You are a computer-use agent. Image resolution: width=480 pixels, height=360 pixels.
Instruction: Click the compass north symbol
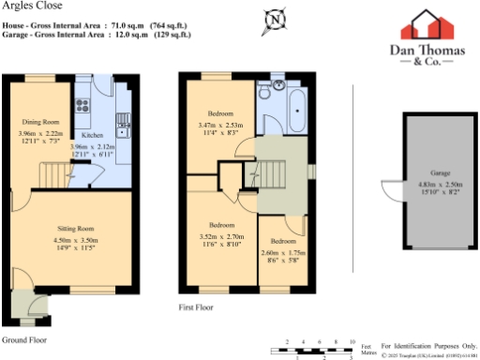pyautogui.click(x=274, y=18)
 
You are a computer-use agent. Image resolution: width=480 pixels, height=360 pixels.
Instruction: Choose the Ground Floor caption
pyautogui.click(x=24, y=338)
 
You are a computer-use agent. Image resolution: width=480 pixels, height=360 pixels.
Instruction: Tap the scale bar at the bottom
pyautogui.click(x=319, y=349)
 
